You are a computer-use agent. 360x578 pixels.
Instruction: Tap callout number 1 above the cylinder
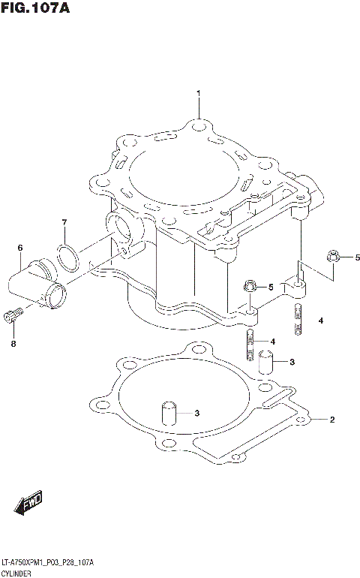point(199,94)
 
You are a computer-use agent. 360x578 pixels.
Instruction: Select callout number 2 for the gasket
point(332,420)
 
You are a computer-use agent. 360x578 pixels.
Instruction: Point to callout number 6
point(20,248)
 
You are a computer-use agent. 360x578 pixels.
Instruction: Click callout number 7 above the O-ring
point(64,222)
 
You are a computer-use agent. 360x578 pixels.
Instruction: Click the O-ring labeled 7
point(68,257)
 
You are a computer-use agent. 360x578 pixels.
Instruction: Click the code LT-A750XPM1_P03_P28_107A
point(47,561)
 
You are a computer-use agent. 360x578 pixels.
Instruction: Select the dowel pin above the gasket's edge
point(264,363)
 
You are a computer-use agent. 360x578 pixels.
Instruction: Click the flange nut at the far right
point(334,258)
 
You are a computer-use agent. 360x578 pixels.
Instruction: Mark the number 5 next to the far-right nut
point(357,258)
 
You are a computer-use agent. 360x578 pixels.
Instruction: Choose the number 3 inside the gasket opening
point(196,413)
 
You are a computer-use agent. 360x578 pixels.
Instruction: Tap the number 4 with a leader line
point(273,342)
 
